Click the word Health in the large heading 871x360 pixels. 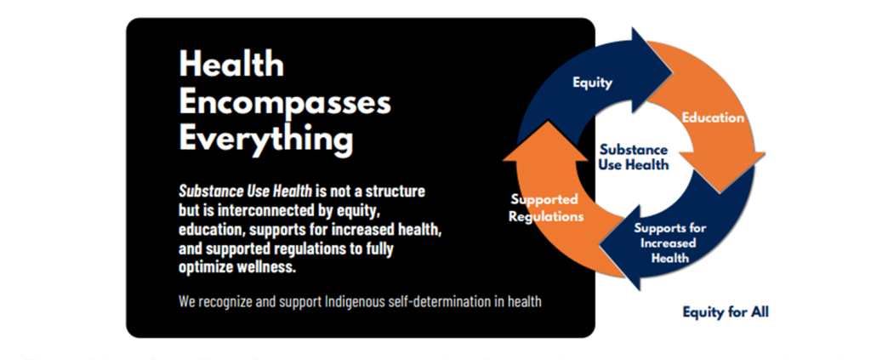pos(231,65)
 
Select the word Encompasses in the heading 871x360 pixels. pos(285,103)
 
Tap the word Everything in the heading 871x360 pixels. pos(266,140)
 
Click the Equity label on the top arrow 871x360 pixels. pos(592,83)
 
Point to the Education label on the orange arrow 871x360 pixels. pos(713,117)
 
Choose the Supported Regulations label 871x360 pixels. pos(545,208)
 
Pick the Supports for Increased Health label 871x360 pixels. pos(670,243)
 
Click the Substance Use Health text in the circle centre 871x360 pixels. pos(634,157)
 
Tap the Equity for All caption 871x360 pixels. pos(726,312)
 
